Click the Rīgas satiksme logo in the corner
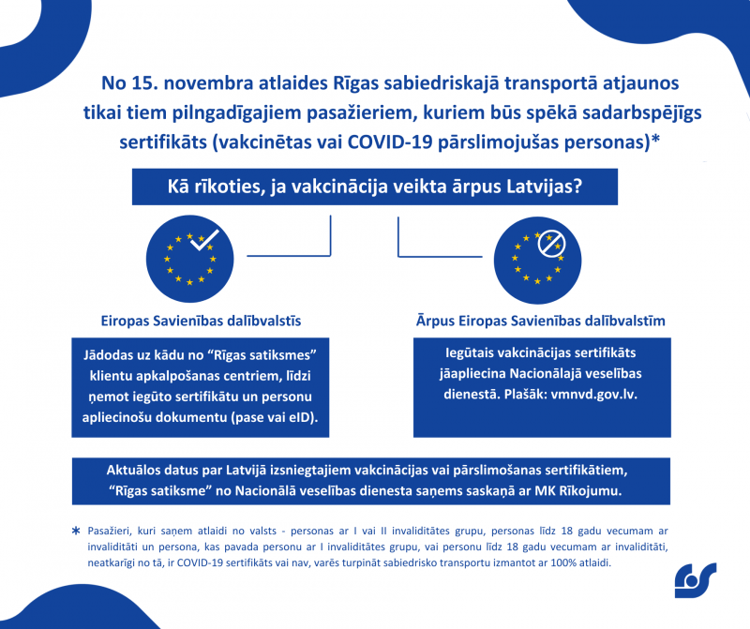(695, 579)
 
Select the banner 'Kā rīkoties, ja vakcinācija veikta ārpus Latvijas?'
(374, 186)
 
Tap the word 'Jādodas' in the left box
(110, 352)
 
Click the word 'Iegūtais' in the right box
(472, 352)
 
